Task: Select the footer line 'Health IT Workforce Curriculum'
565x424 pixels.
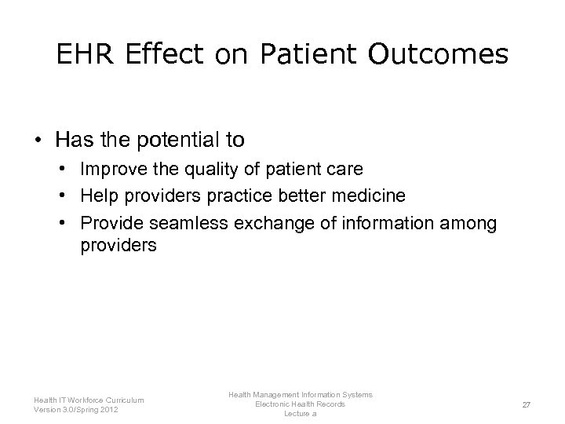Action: (x=89, y=399)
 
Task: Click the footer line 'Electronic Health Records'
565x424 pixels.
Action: (x=300, y=404)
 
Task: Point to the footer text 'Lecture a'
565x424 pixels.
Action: (x=300, y=413)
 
